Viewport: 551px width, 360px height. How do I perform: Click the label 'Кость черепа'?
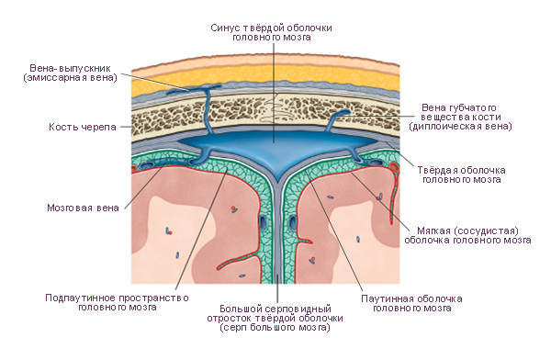click(83, 127)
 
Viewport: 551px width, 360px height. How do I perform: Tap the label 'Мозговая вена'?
click(83, 208)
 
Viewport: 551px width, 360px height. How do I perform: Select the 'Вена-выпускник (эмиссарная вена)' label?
click(71, 73)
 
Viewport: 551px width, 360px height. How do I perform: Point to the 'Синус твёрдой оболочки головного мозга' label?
click(271, 32)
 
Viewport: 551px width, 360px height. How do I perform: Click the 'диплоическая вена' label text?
click(460, 126)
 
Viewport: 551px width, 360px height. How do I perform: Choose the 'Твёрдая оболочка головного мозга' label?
click(461, 174)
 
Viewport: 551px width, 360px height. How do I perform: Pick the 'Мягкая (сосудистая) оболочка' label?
click(467, 235)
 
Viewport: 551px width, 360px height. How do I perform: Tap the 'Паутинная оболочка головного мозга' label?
click(411, 303)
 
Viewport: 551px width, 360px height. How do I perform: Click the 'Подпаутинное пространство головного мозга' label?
click(117, 302)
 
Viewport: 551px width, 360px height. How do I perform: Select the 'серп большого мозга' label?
click(275, 328)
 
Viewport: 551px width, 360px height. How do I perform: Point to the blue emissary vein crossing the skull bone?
click(207, 111)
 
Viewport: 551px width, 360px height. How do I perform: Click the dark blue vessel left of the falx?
click(263, 222)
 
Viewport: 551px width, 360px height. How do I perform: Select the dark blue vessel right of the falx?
click(292, 222)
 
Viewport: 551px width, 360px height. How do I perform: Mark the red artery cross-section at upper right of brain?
click(394, 166)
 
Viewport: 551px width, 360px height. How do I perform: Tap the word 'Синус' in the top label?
click(223, 28)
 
